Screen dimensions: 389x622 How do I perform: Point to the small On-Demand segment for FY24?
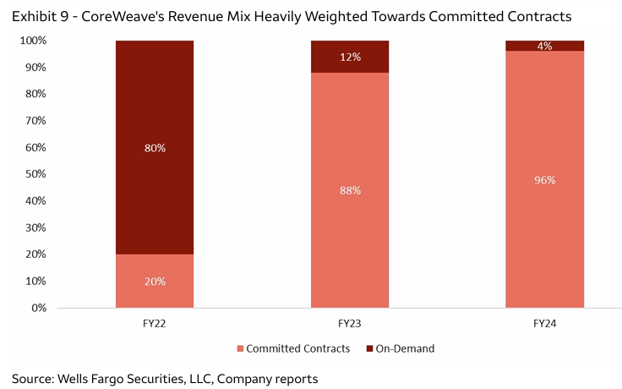tap(544, 46)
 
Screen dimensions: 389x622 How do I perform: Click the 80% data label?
tap(155, 148)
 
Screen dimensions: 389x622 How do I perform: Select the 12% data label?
tap(351, 57)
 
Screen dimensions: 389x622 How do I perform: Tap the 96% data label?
tap(545, 179)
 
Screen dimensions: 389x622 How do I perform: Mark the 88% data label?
tap(351, 190)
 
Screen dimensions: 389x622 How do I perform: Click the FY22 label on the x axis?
tap(155, 324)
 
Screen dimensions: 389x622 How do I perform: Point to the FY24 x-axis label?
tap(545, 324)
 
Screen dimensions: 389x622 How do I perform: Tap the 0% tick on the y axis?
tap(39, 308)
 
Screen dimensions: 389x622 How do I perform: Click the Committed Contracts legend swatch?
tap(239, 348)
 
